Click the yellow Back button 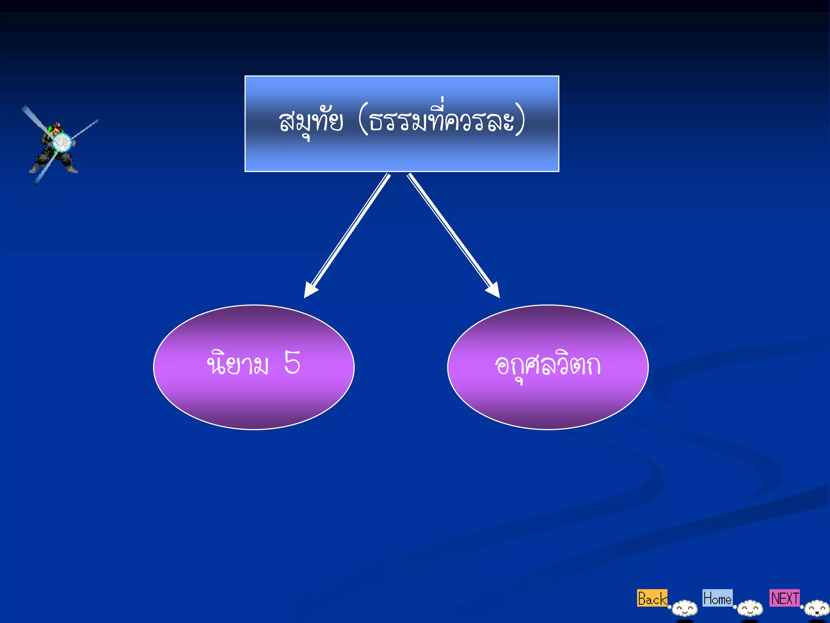(652, 598)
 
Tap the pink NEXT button (785, 598)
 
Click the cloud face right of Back (685, 608)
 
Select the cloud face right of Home (750, 608)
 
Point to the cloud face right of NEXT (817, 608)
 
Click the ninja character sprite (55, 148)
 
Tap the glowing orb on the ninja (62, 142)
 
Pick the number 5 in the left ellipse (292, 362)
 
